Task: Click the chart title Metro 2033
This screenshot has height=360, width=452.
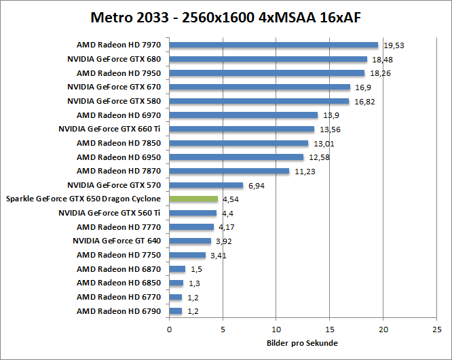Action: point(225,16)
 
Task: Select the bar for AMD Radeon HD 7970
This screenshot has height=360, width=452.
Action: point(274,45)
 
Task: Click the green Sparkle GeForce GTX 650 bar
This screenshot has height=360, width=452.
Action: point(193,199)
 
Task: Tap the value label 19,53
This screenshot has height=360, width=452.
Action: point(394,45)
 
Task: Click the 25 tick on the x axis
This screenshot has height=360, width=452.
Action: point(436,329)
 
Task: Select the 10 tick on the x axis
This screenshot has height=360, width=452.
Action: point(276,329)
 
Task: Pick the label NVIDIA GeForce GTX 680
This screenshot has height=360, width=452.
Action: point(114,59)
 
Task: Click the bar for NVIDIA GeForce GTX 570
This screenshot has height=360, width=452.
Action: point(206,185)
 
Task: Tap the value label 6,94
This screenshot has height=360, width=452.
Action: point(257,185)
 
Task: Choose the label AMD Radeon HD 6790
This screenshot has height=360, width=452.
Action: point(119,311)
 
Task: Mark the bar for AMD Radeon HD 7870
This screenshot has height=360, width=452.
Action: point(229,171)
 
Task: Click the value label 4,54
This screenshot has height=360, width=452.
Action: point(231,199)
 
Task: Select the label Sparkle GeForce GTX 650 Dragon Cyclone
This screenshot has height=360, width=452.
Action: point(83,199)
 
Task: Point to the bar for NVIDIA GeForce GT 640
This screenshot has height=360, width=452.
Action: point(190,241)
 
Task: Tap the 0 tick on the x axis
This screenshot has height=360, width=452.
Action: point(169,329)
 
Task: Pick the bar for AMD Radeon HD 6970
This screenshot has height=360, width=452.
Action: point(243,115)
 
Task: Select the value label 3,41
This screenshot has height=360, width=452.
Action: point(219,256)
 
